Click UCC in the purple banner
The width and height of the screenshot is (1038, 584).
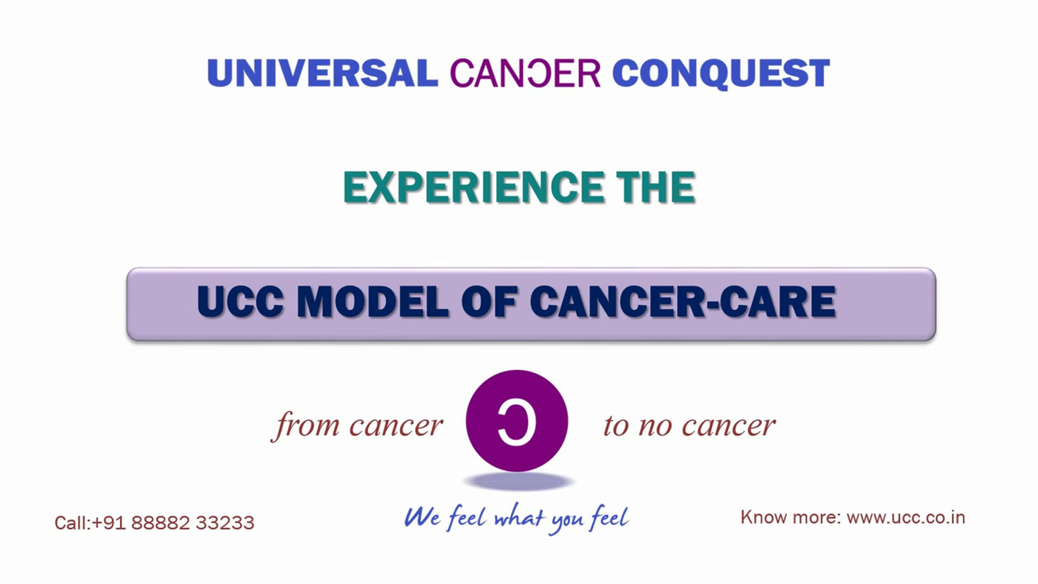pos(240,302)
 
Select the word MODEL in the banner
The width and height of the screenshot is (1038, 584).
pos(373,302)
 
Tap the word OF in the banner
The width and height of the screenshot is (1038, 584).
pos(489,302)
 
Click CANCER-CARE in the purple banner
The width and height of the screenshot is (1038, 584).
pos(682,302)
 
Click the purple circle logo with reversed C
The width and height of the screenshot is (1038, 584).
pos(517,420)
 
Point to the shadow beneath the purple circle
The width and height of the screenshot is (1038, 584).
pos(518,481)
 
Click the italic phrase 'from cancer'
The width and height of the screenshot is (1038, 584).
pos(357,426)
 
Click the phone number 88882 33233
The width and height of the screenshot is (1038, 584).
pos(192,523)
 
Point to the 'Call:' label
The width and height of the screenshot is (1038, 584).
pos(73,523)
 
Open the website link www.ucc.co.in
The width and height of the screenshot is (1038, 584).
pos(906,517)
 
